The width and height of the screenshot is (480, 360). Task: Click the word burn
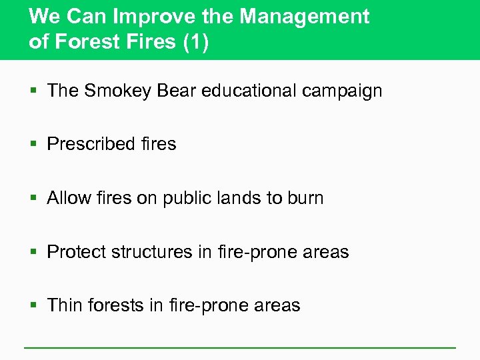pos(305,198)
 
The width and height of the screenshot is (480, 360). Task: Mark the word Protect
pos(77,252)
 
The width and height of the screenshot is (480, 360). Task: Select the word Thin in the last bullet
pos(65,305)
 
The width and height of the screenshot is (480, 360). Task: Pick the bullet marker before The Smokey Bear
pos(34,91)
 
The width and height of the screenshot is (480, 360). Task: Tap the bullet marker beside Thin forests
pos(34,306)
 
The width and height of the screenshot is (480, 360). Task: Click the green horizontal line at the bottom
pos(240,348)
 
